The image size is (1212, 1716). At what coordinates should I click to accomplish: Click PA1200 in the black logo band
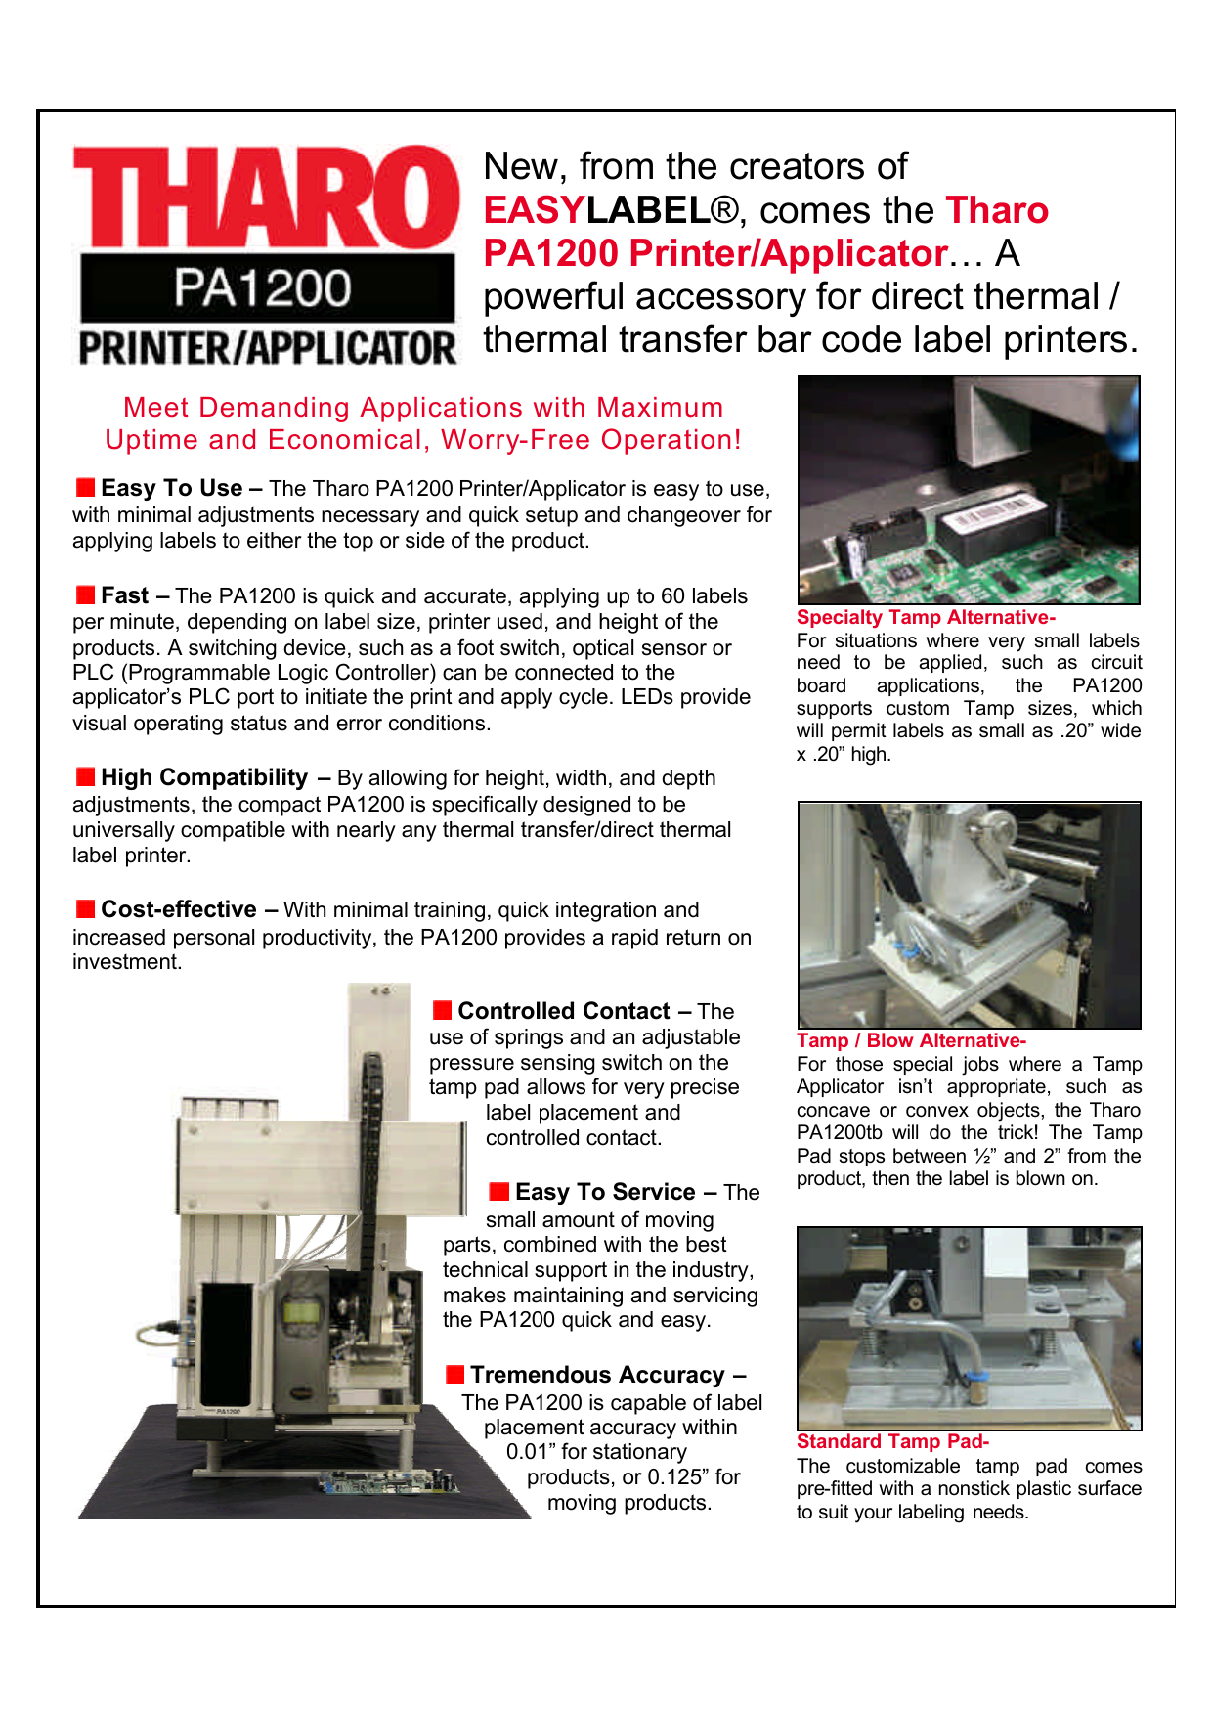264,288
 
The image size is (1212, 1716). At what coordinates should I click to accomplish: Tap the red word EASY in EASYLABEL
534,210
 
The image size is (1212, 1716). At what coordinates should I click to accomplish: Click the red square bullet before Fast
86,595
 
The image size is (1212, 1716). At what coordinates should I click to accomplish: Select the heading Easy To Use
172,488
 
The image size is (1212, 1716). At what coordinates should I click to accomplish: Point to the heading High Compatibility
204,777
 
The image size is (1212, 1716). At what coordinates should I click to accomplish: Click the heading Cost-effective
179,909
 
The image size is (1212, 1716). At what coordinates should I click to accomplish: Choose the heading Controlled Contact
564,1011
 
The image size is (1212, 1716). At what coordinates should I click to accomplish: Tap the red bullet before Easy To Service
499,1191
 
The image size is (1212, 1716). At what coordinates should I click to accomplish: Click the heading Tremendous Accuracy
597,1375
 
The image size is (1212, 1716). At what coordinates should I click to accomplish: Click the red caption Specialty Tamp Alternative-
925,617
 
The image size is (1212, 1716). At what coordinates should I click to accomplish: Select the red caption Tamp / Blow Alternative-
910,1040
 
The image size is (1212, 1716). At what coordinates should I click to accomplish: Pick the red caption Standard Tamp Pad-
891,1441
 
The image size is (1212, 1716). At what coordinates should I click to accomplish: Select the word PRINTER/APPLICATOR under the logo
266,348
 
